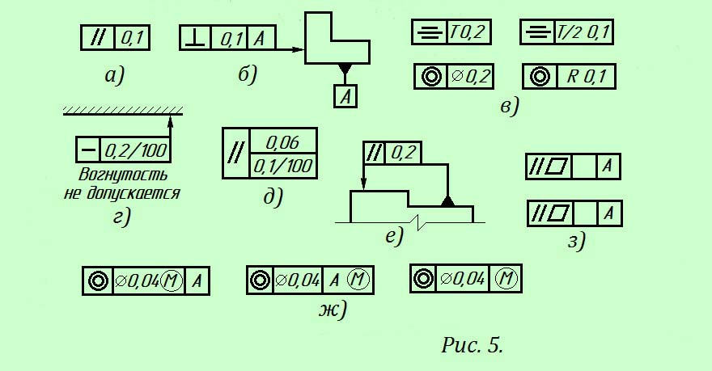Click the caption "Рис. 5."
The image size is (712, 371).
pos(473,346)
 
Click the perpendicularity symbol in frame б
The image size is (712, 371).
pos(195,38)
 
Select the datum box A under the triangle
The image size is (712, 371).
pos(345,96)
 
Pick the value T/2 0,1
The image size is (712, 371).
pos(584,33)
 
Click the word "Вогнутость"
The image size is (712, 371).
pos(124,175)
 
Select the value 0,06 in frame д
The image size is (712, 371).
pos(282,142)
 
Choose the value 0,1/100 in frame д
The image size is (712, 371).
pos(282,167)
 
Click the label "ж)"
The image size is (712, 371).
pos(333,309)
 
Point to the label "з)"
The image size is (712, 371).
pos(575,240)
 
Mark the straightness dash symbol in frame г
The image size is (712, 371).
pos(88,150)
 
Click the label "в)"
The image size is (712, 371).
pos(509,105)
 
